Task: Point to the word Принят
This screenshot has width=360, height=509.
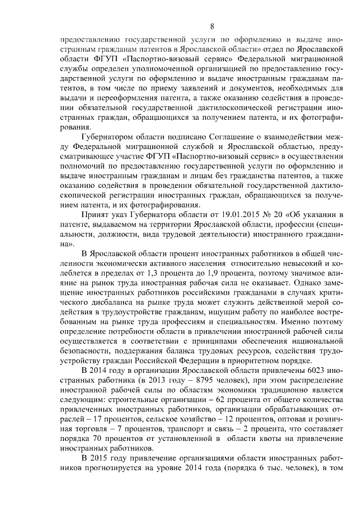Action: click(x=95, y=215)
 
